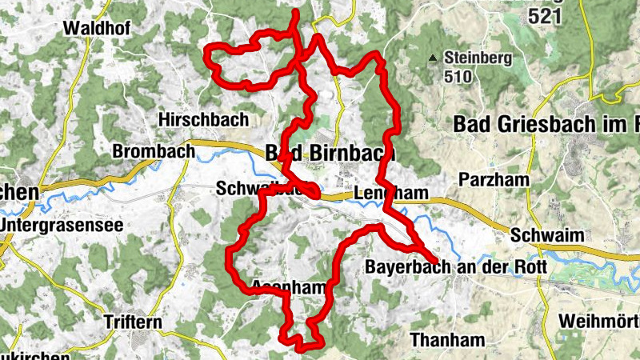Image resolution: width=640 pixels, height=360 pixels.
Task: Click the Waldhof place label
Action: coord(97,27)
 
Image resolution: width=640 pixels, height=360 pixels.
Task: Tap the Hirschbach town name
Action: coord(203,118)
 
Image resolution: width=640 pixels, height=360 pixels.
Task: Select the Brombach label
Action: coord(154,150)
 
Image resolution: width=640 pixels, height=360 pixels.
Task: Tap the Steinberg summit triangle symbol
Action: coord(433,58)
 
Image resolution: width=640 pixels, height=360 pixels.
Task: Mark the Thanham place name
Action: coord(447,340)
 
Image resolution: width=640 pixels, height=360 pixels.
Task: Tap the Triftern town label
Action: coord(133,322)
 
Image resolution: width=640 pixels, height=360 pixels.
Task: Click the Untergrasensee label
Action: coord(62,225)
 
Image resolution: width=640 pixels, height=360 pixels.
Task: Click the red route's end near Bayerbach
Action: coord(435,261)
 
